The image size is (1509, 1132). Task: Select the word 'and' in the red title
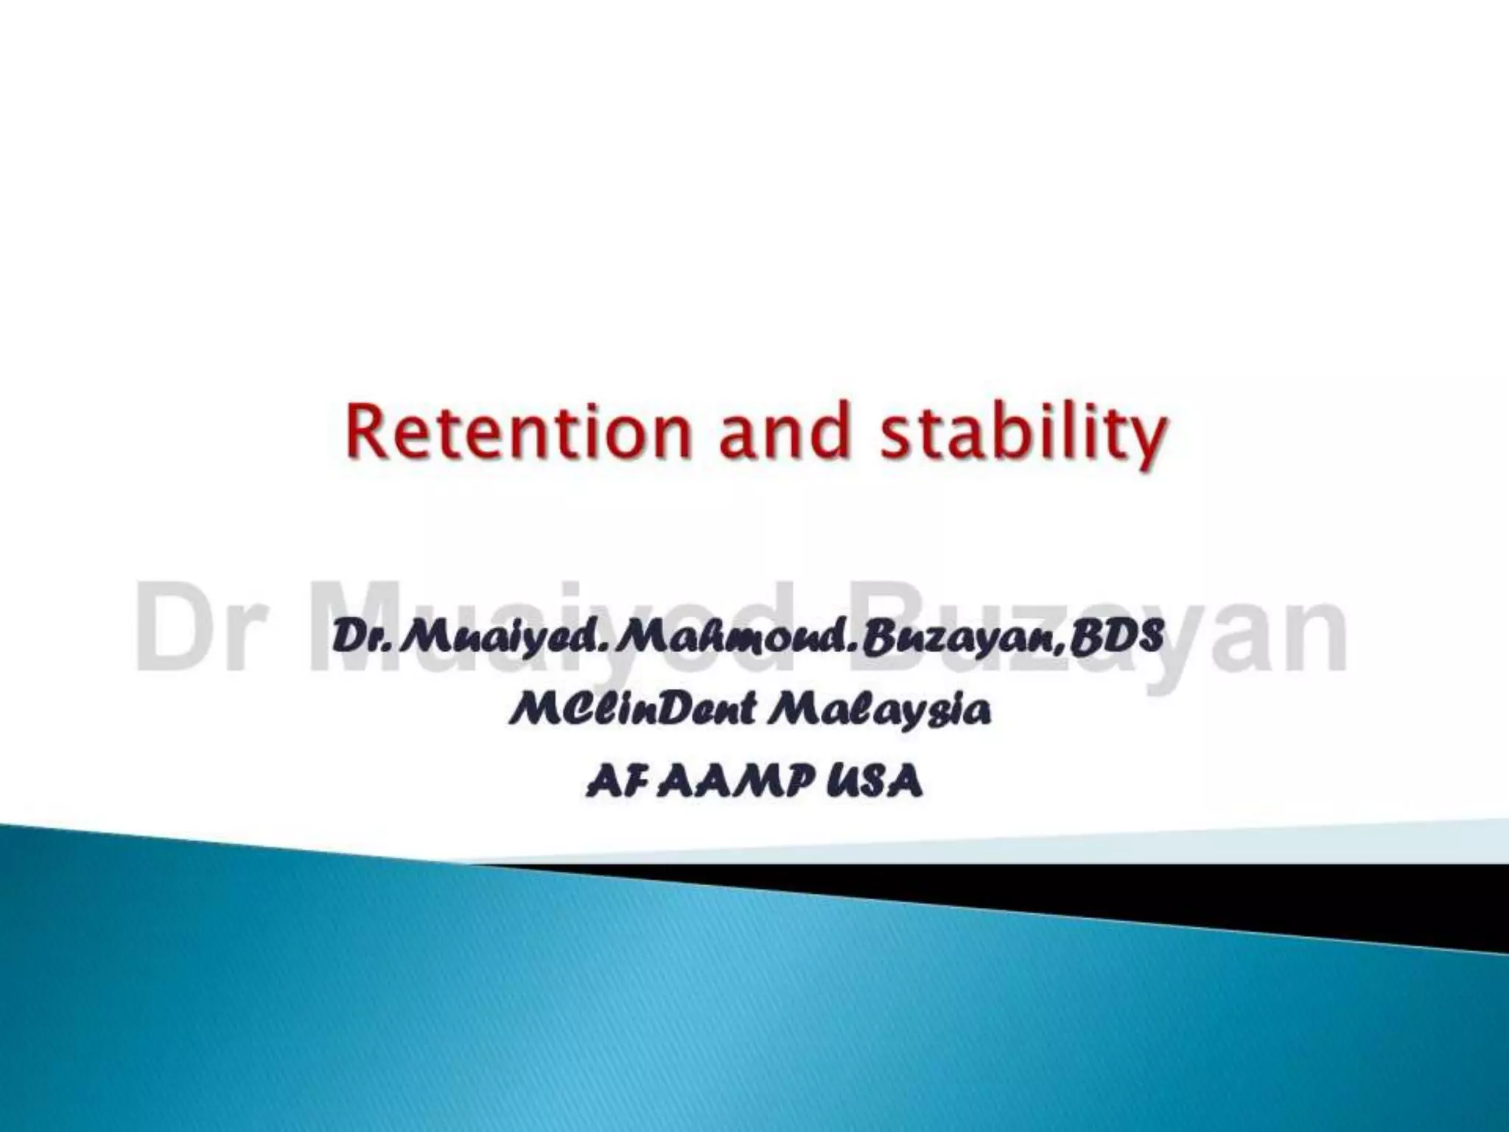(x=785, y=435)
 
